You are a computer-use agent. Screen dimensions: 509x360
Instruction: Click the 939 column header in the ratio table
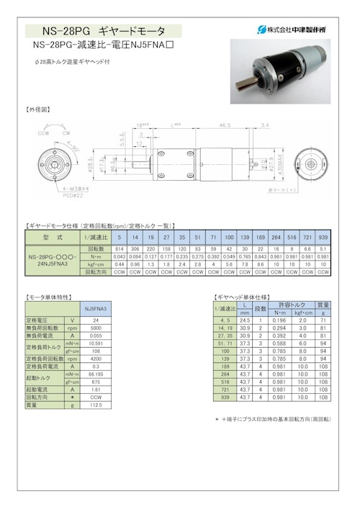(323, 238)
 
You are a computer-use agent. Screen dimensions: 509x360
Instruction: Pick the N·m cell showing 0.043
(120, 256)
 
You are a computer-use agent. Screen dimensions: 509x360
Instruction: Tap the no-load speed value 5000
(96, 328)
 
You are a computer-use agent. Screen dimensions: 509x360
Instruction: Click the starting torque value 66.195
(96, 374)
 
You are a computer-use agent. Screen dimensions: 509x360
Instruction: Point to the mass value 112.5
(96, 405)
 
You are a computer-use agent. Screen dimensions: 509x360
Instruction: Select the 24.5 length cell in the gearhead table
(245, 319)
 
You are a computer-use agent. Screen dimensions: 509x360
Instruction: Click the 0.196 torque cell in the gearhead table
(279, 319)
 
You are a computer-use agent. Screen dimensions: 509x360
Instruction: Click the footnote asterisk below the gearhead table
(217, 418)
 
